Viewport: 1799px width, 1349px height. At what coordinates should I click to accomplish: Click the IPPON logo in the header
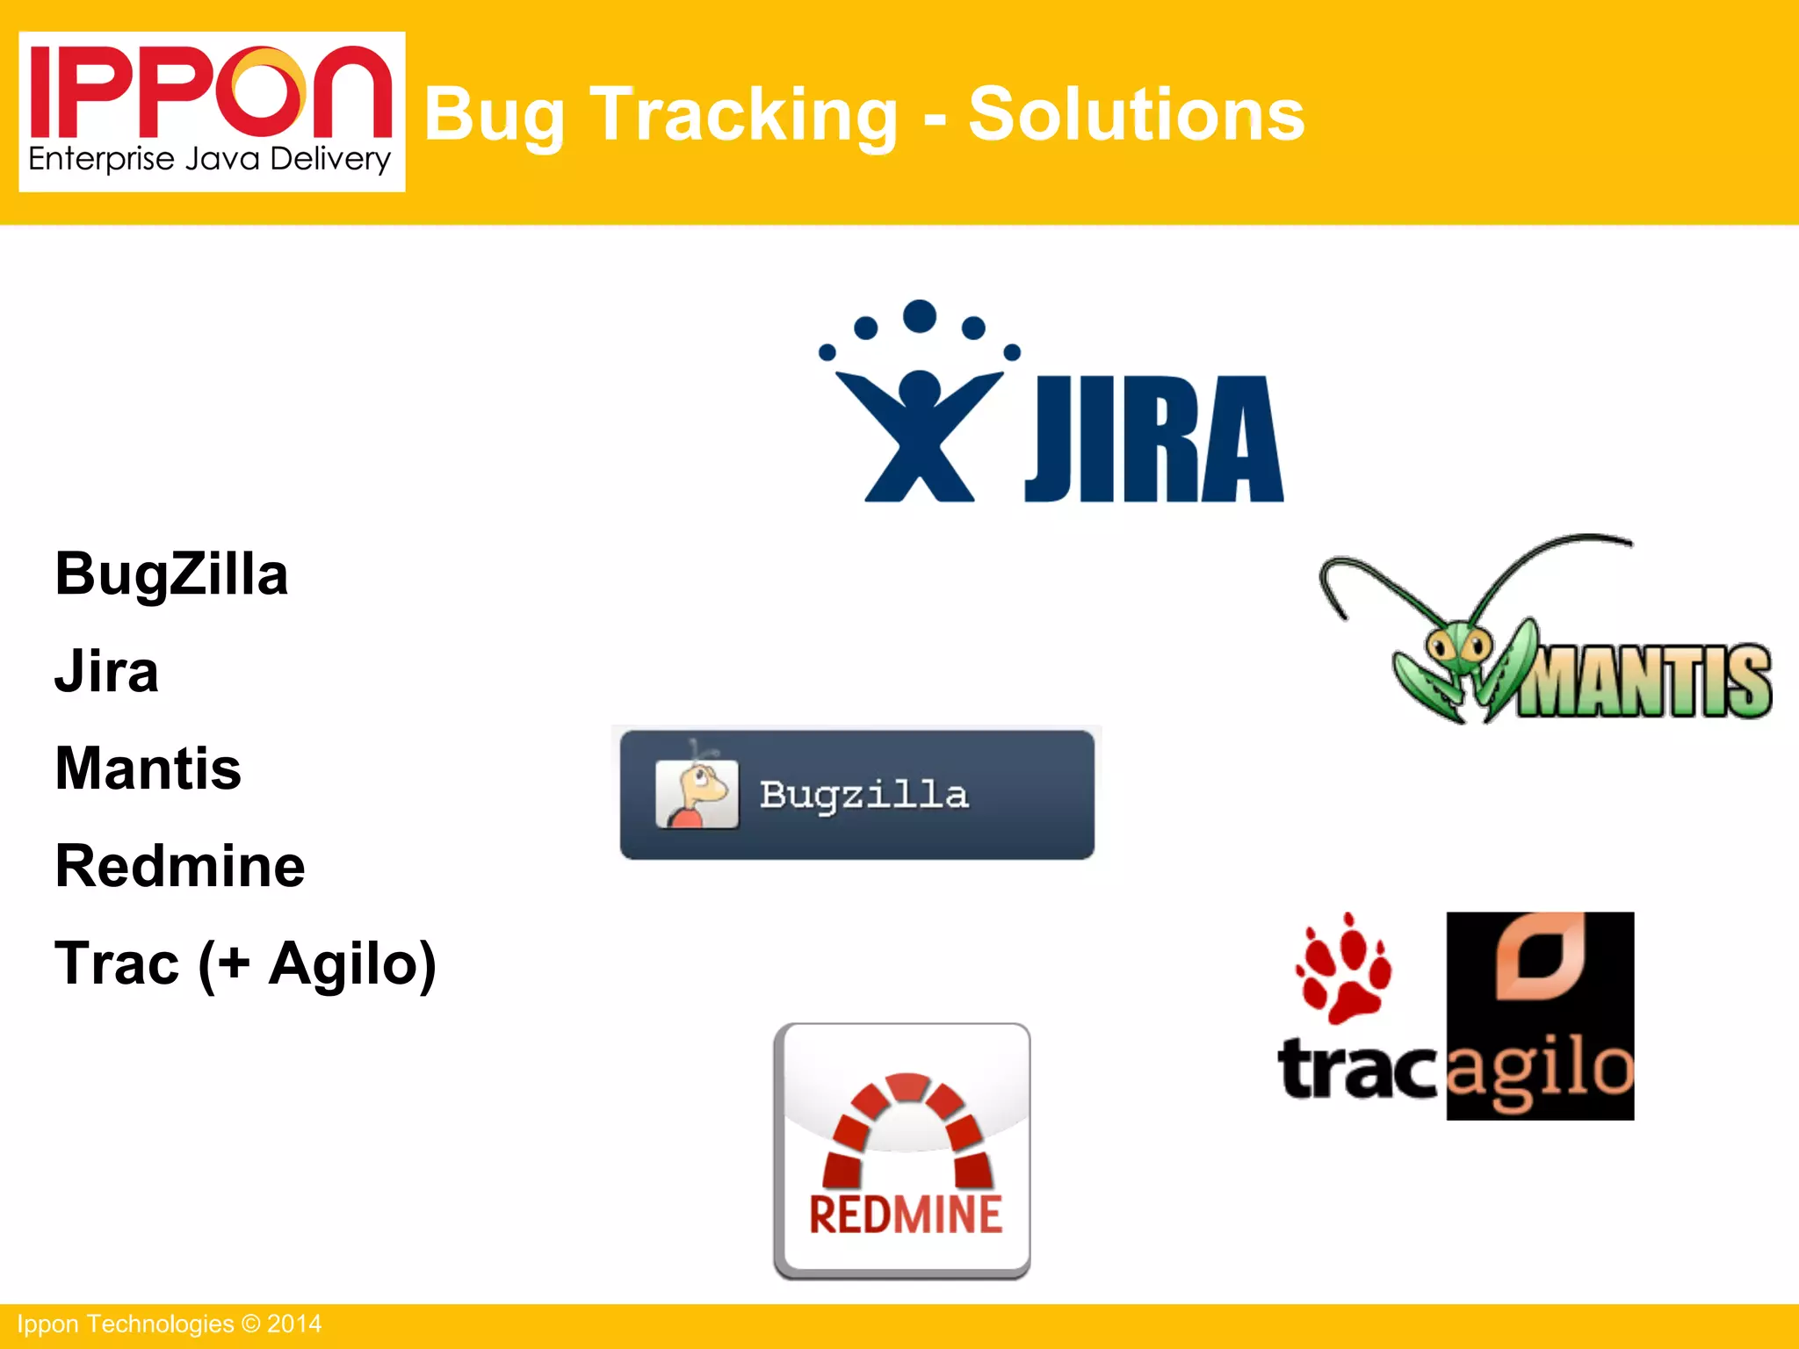[x=211, y=111]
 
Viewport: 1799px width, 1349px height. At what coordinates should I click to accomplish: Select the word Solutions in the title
[x=1136, y=115]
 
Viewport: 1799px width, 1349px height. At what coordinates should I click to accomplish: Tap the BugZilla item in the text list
[x=171, y=574]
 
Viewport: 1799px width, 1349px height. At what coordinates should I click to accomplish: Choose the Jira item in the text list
[x=106, y=672]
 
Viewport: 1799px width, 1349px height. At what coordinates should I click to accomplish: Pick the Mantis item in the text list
[x=148, y=768]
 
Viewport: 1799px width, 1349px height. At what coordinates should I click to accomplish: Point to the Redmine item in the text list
[x=180, y=866]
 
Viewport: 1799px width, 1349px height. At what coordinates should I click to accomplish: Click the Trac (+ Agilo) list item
[x=245, y=964]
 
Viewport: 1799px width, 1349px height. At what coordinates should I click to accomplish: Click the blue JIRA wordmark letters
[x=1153, y=439]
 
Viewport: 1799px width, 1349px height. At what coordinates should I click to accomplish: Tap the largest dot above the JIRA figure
[x=920, y=316]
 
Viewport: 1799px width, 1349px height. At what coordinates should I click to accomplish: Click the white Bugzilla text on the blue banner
[x=863, y=795]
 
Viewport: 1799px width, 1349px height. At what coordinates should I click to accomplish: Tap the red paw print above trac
[x=1342, y=970]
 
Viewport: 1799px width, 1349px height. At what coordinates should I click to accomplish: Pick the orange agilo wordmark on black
[x=1540, y=1071]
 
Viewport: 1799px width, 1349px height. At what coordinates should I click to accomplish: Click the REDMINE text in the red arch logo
[x=905, y=1215]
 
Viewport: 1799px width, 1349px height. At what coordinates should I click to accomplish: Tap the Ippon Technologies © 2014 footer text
[x=170, y=1324]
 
